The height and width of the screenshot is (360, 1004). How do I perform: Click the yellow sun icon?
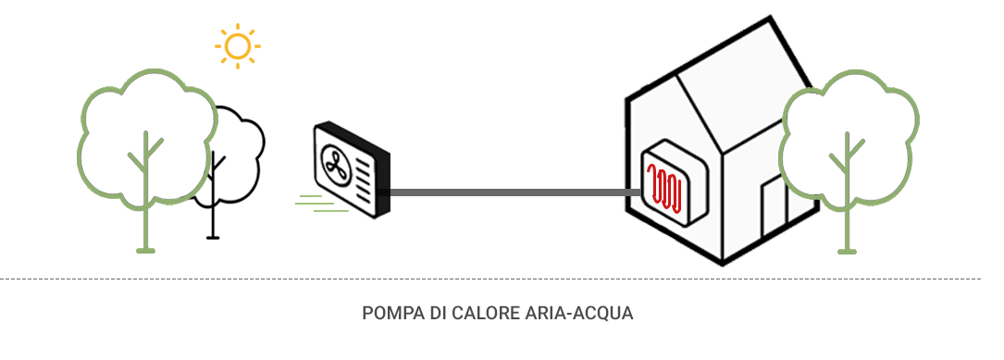pyautogui.click(x=238, y=46)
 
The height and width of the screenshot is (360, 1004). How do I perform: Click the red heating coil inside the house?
pyautogui.click(x=666, y=188)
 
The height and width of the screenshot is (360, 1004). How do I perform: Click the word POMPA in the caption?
pyautogui.click(x=388, y=314)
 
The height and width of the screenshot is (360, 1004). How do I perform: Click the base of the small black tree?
pyautogui.click(x=214, y=237)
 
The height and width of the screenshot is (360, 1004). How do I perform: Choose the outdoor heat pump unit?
pyautogui.click(x=352, y=171)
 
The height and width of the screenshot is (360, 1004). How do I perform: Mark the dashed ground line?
pyautogui.click(x=500, y=279)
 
